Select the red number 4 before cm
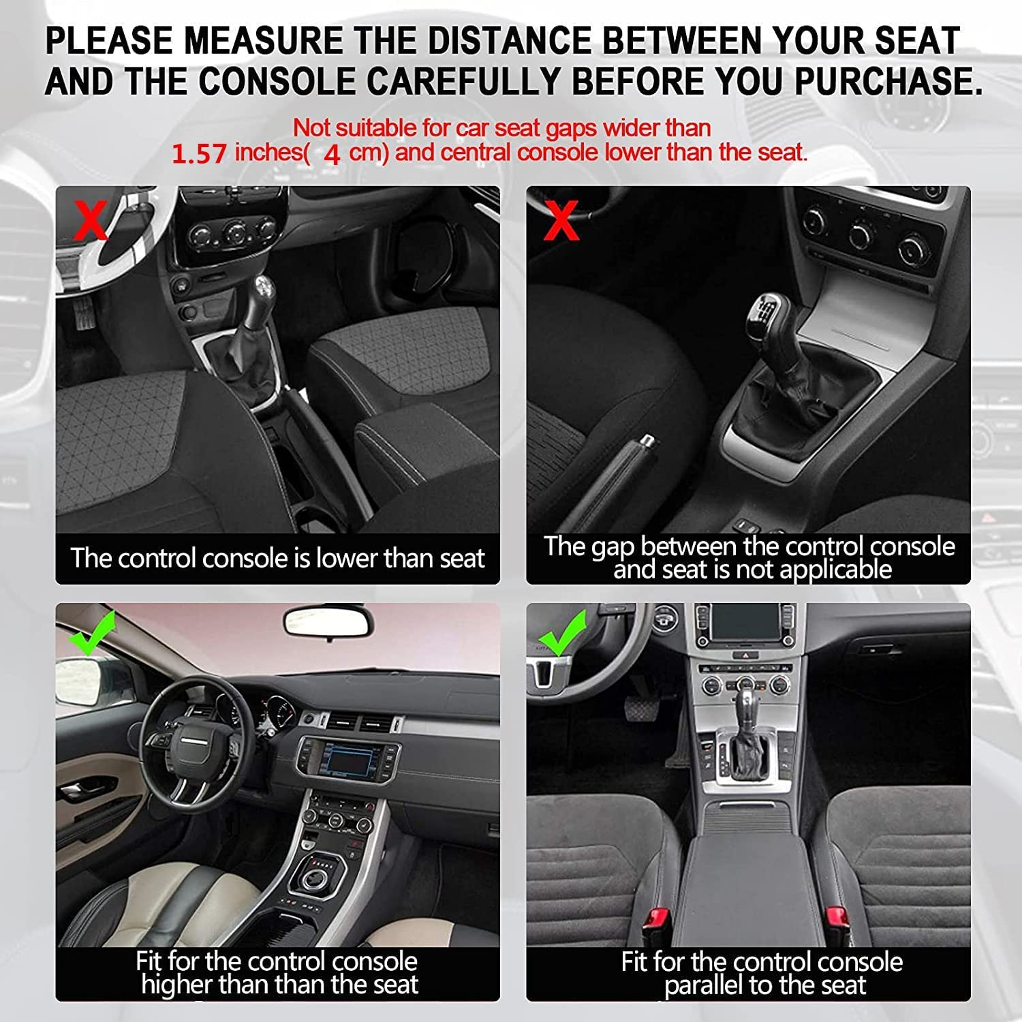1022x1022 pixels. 332,155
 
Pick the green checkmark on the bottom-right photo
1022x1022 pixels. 563,634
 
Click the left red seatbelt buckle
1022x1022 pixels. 657,924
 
